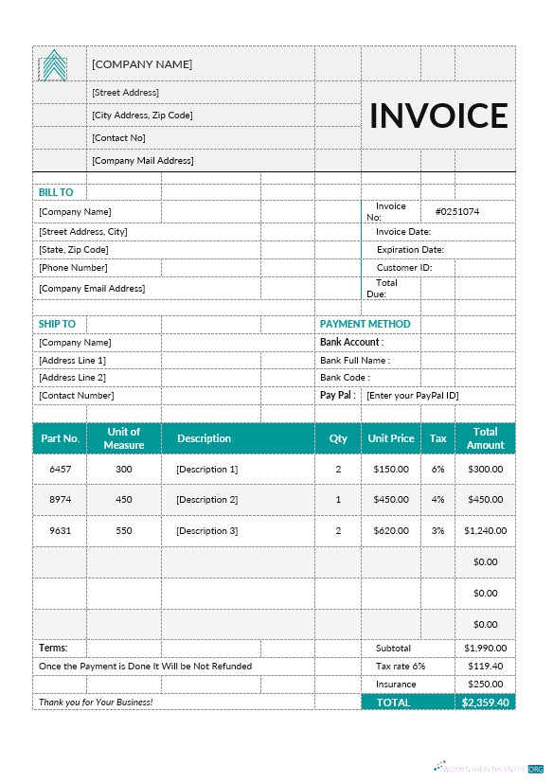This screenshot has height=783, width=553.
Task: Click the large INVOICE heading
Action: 438,116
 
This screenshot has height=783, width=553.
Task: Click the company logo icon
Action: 54,65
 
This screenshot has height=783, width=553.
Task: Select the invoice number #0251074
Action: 456,211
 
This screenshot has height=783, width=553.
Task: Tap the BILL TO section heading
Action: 56,192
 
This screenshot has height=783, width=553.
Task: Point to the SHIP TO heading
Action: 57,324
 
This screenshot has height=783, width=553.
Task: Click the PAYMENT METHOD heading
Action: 365,324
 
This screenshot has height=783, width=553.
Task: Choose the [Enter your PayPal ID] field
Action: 412,395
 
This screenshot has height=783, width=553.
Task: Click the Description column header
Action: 204,438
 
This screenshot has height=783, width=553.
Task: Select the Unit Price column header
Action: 390,438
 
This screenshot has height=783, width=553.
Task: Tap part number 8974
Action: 60,499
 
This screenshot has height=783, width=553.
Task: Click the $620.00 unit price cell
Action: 390,531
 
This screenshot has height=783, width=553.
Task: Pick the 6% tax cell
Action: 437,469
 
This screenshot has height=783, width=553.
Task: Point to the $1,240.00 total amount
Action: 485,531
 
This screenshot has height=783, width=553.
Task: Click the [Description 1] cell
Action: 206,469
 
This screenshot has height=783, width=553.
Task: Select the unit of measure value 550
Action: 124,531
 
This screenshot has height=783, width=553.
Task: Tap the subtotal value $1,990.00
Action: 485,648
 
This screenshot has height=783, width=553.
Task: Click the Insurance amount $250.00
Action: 485,684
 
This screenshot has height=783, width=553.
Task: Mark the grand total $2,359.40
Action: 485,703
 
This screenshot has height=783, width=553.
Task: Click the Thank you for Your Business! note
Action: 95,703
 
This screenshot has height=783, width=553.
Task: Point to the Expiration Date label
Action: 410,250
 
